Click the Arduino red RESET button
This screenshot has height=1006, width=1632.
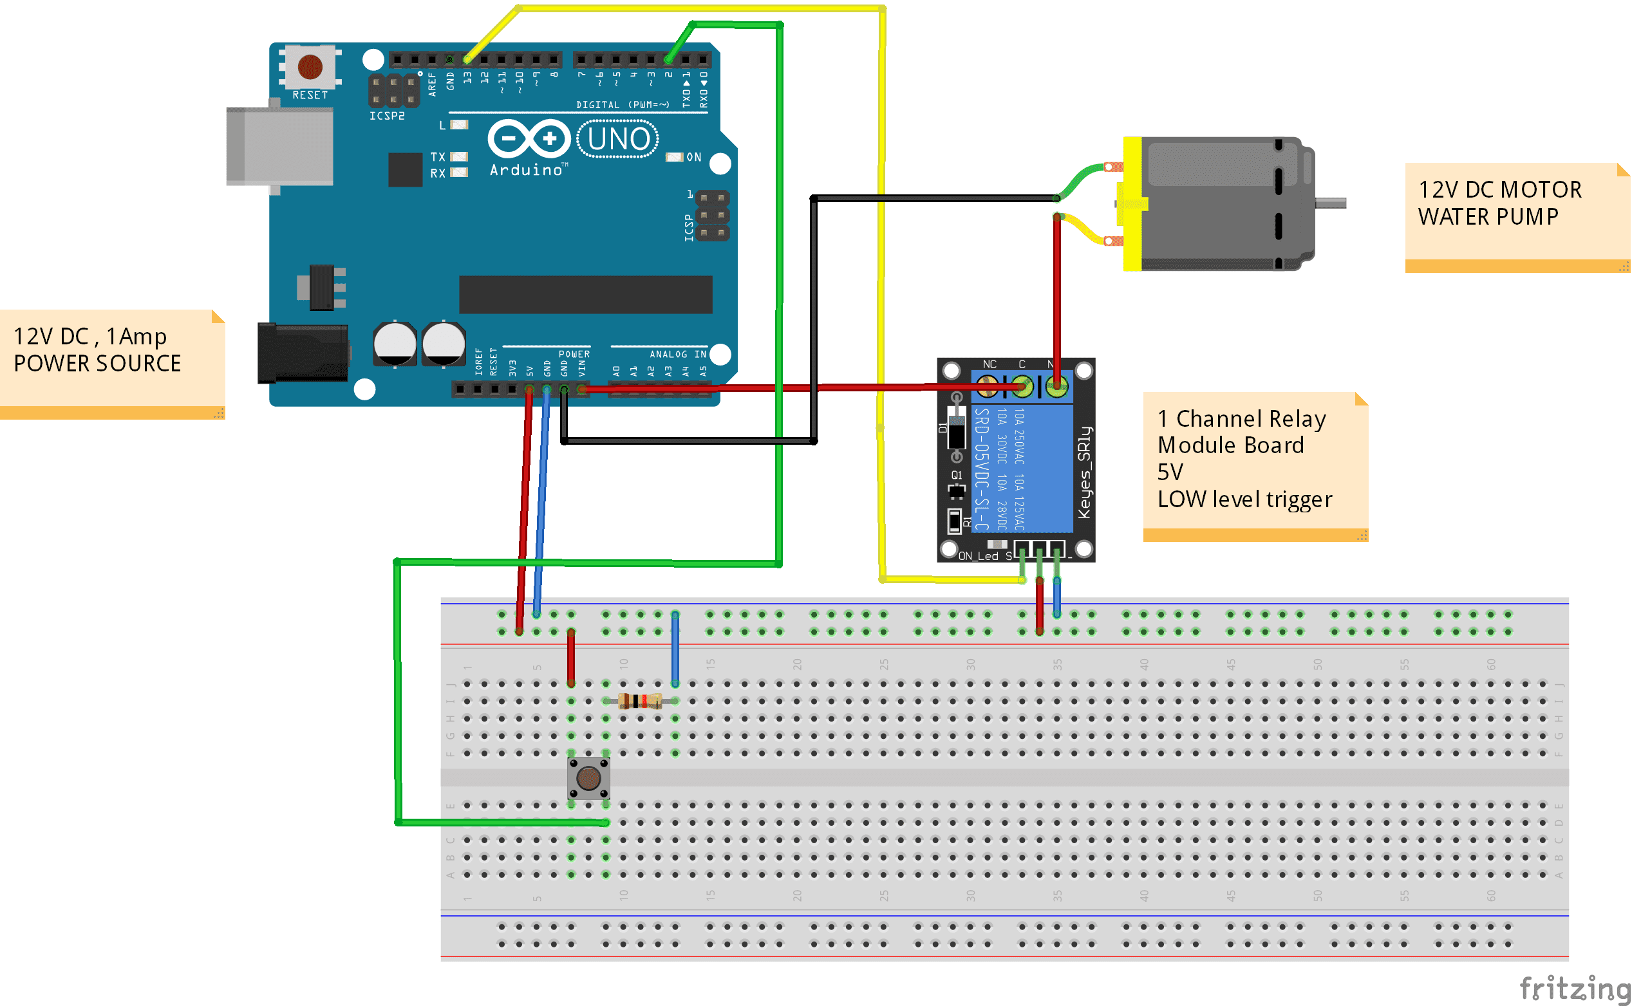[310, 66]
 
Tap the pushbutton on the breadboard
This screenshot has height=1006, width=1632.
[588, 777]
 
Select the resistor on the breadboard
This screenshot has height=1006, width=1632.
[639, 701]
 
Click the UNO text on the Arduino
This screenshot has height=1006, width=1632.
[618, 139]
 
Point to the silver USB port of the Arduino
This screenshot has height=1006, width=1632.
[279, 146]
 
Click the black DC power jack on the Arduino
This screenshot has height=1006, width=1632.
[303, 353]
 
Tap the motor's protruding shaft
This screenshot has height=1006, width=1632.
[1331, 203]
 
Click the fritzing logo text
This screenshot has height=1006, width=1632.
[1573, 987]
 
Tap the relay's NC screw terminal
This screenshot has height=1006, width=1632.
[988, 386]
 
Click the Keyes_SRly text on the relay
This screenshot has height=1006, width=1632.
[1084, 472]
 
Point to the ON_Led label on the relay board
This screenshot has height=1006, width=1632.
[979, 555]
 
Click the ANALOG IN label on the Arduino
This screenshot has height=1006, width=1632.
[677, 354]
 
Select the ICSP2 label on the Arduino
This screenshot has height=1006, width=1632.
[387, 116]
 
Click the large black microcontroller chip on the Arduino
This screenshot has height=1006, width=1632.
[585, 294]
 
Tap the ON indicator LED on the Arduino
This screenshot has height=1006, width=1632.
[675, 157]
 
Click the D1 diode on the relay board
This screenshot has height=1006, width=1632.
[957, 429]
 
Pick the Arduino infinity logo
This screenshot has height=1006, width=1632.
[529, 138]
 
